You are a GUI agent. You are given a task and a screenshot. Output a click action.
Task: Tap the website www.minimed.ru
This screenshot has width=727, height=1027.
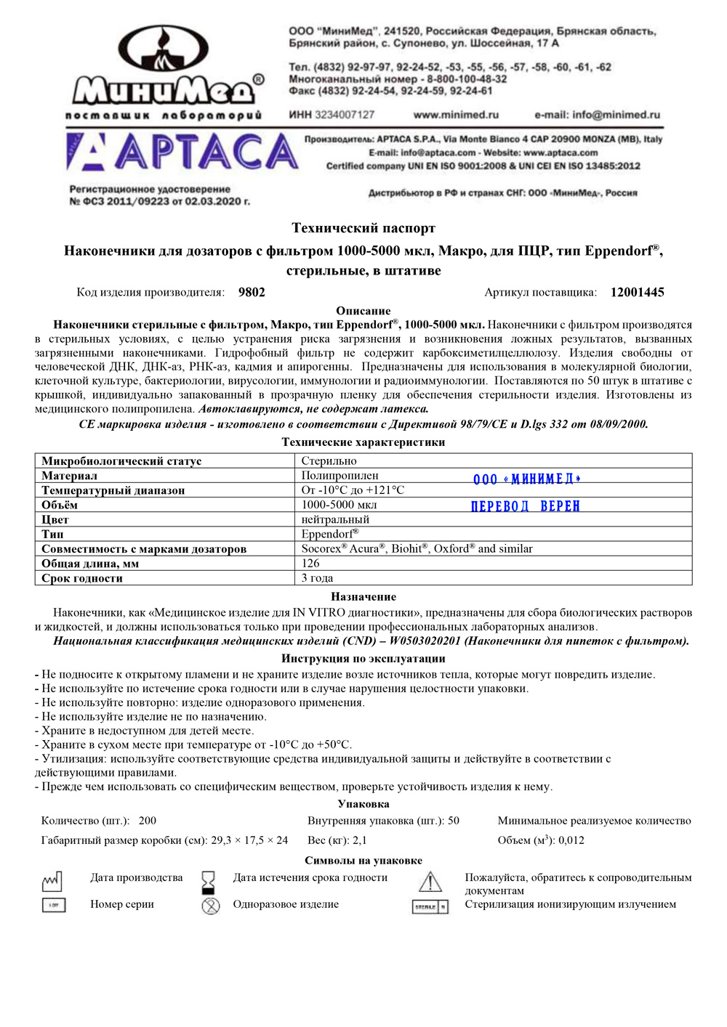(x=456, y=115)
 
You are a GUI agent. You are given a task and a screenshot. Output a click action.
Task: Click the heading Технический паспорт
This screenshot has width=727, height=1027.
(x=363, y=228)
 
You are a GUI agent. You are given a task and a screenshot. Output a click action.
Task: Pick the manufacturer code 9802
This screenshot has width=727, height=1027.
(x=252, y=293)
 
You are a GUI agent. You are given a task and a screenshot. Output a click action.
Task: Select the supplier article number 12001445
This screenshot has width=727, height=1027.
(x=637, y=293)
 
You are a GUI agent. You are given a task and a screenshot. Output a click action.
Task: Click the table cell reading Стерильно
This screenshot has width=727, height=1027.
(x=329, y=461)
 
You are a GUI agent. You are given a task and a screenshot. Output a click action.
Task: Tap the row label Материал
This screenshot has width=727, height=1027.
(x=69, y=476)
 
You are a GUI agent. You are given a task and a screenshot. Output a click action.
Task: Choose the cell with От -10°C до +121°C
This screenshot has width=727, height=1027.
(x=353, y=490)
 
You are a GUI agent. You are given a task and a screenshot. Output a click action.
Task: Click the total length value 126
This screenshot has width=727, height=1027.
(x=310, y=564)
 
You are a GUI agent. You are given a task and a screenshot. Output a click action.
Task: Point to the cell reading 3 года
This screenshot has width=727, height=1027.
(x=317, y=578)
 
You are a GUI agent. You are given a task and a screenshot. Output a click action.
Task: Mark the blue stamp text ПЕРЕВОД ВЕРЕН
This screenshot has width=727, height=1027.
(x=525, y=506)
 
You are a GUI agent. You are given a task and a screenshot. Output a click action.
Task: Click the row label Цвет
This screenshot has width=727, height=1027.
(x=55, y=520)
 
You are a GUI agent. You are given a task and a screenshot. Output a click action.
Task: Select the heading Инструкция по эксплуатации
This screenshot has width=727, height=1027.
(x=363, y=659)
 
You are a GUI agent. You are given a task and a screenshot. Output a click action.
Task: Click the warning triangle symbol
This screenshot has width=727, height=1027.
(x=430, y=882)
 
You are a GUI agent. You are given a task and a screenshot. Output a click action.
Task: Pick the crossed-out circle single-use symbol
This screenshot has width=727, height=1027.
(x=211, y=906)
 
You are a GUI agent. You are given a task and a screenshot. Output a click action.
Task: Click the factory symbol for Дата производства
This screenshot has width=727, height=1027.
(x=52, y=882)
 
